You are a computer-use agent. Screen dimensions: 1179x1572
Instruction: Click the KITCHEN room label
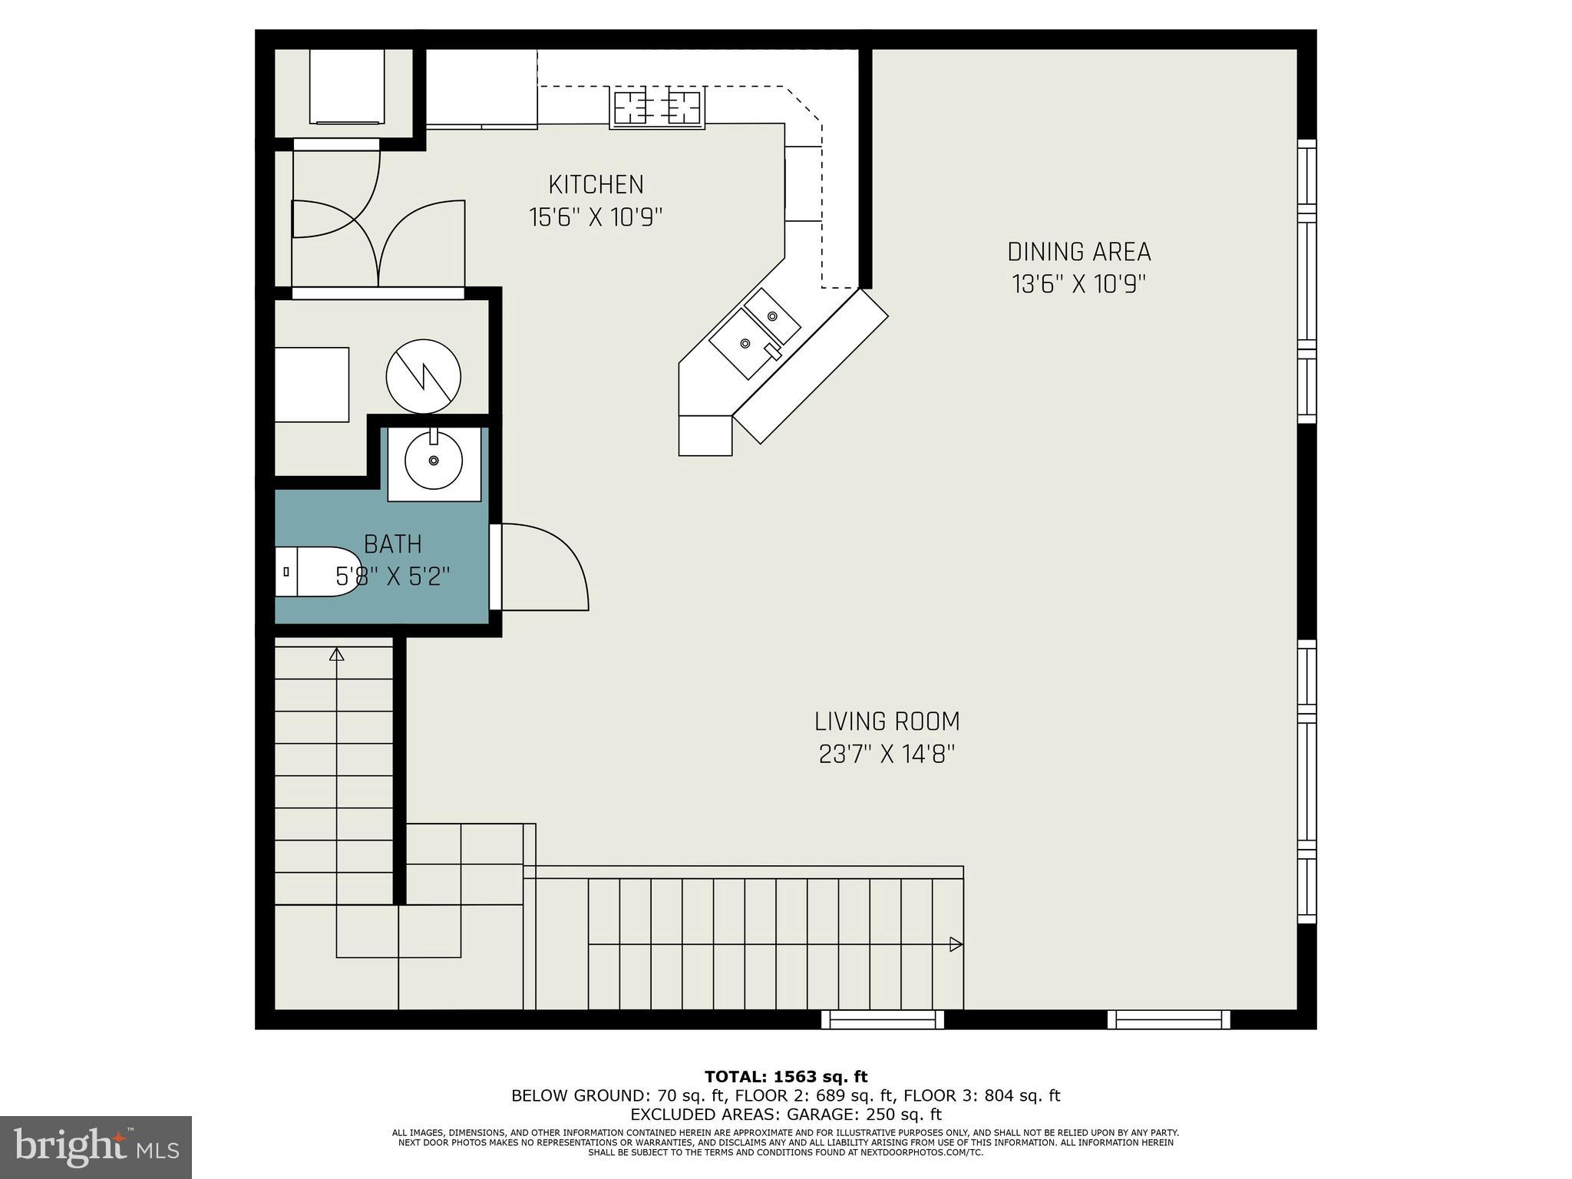596,185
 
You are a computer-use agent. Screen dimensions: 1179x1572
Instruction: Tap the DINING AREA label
1078,252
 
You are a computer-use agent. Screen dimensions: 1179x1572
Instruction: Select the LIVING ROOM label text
887,722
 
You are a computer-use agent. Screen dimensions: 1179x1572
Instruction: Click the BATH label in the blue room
392,544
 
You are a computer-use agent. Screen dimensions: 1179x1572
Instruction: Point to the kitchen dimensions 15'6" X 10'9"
596,218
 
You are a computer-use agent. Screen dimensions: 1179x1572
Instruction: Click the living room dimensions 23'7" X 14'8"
887,755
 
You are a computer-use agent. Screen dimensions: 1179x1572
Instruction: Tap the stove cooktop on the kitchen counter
657,107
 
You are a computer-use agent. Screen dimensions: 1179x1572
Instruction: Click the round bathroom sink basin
434,461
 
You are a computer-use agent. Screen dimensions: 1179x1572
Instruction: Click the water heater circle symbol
423,377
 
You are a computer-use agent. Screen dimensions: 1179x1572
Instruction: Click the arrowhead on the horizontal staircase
956,944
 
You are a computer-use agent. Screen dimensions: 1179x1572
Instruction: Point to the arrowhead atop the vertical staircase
336,654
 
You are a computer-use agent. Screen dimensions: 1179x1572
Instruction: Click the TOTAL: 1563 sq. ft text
786,1077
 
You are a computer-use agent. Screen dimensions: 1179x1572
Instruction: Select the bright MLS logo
96,1148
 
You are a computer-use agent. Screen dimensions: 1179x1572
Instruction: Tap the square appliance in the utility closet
312,384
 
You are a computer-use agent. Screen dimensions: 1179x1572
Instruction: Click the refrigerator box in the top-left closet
346,86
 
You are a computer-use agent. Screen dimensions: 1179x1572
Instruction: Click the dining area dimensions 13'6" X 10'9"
1078,285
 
